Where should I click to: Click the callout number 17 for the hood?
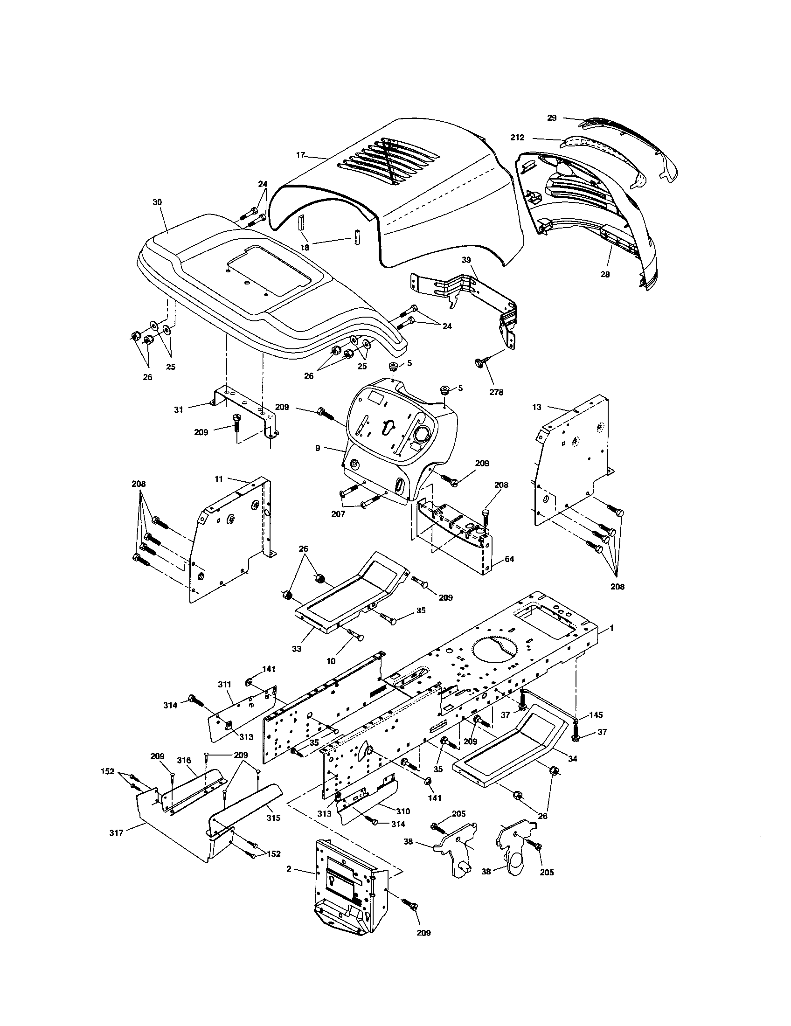[301, 154]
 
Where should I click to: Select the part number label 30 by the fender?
[157, 202]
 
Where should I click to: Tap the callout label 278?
[496, 392]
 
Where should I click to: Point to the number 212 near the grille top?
[517, 138]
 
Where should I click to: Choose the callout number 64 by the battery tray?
[509, 559]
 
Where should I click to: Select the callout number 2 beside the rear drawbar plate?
[289, 870]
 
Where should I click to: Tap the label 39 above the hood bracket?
[466, 260]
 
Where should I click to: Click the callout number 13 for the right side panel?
[537, 407]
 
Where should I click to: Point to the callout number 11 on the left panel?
[219, 478]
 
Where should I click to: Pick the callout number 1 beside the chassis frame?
[611, 628]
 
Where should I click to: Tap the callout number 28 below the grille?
[605, 274]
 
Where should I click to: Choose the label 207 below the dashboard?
[338, 514]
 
